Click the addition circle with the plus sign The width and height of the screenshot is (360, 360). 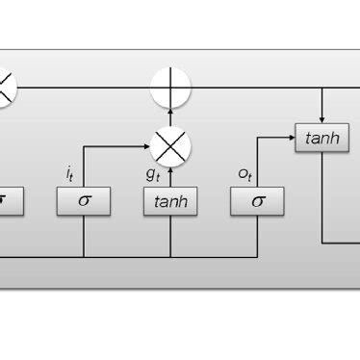(170, 89)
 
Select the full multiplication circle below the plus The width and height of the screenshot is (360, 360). (170, 146)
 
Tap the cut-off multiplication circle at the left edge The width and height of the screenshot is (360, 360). (5, 88)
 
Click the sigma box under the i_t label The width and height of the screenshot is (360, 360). (84, 201)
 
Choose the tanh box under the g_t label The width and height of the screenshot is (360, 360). (170, 201)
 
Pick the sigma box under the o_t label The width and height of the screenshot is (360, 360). (257, 201)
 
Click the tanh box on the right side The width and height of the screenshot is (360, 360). (321, 138)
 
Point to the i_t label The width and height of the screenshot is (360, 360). (69, 174)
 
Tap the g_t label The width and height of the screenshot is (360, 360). (153, 174)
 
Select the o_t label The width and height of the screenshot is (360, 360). (244, 174)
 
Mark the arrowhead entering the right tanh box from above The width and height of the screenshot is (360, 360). (321, 119)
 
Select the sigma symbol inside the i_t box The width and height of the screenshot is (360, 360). (84, 201)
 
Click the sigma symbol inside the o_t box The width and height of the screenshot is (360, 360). (257, 201)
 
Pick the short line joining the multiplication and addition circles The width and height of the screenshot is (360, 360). (170, 117)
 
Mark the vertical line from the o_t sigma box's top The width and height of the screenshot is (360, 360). (257, 164)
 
